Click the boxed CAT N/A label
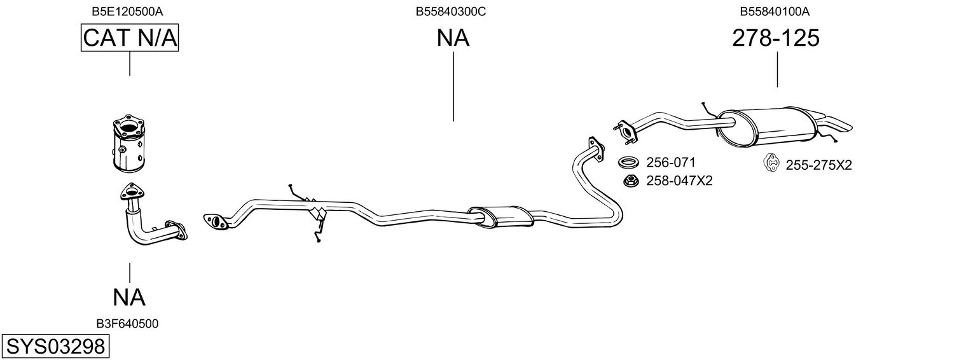point(130,38)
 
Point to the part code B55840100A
point(775,11)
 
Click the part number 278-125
point(775,39)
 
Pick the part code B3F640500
point(128,324)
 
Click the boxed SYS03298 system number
point(55,347)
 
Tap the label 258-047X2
point(679,181)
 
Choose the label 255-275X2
point(818,165)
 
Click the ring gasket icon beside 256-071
point(629,162)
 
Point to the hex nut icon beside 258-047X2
point(631,181)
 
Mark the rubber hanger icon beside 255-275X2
point(771,164)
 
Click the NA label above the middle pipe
point(453,39)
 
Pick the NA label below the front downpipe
point(130,297)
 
